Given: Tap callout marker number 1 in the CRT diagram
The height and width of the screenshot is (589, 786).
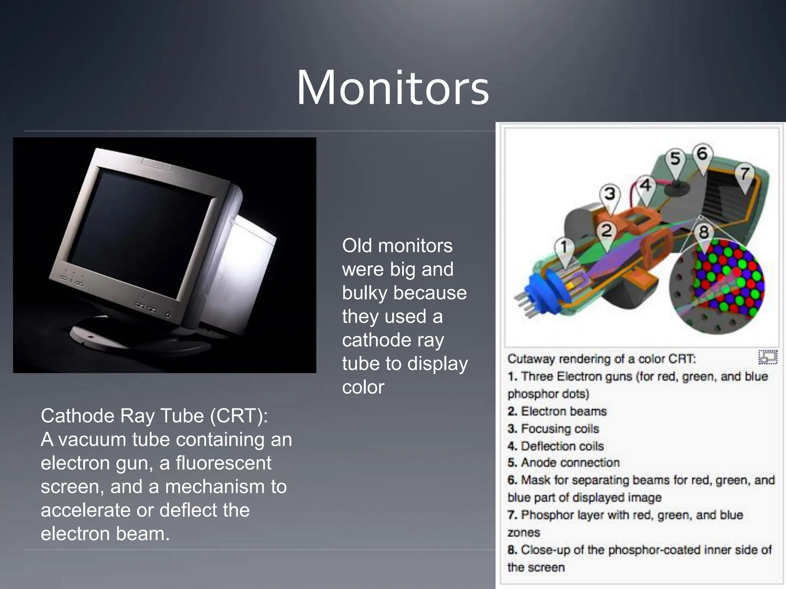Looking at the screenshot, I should coord(564,248).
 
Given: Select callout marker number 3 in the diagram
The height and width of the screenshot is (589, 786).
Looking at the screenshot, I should coord(610,194).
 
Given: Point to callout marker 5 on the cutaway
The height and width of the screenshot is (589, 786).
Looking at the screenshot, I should coord(675,159).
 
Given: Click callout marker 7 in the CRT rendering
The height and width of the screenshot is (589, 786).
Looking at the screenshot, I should coord(745,174).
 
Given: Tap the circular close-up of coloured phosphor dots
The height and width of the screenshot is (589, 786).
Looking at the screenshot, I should coord(717,286).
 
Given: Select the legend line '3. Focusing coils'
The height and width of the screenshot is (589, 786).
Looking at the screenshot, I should coord(553,429).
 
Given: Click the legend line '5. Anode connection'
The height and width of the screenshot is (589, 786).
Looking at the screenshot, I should coord(563,463).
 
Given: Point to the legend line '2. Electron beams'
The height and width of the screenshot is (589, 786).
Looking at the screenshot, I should coord(557,411).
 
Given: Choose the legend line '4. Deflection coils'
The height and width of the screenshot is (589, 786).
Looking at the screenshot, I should coord(556,446).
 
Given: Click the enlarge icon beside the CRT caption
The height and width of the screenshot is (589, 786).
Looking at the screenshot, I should coord(768,357).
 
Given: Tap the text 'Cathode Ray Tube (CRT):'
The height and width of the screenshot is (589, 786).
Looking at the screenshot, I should coord(154,416).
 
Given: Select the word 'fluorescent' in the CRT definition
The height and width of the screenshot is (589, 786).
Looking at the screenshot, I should coord(223,463).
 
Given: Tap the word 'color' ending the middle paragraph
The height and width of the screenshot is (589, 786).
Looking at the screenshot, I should coord(363,387).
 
